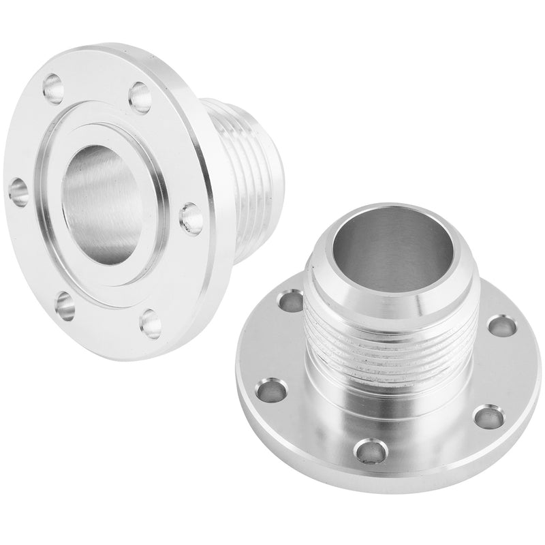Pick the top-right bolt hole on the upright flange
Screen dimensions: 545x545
(x=140, y=97)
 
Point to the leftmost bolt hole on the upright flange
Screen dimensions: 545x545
(x=18, y=191)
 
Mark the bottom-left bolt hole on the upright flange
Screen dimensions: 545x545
(x=65, y=306)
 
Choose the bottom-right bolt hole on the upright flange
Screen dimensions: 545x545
(x=151, y=324)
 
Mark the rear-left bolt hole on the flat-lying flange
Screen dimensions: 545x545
(x=292, y=301)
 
